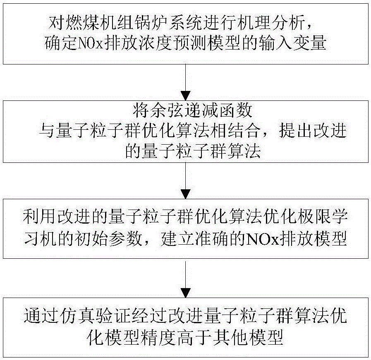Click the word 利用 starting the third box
[40, 217]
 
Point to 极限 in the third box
[313, 217]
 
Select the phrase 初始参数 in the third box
[108, 238]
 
